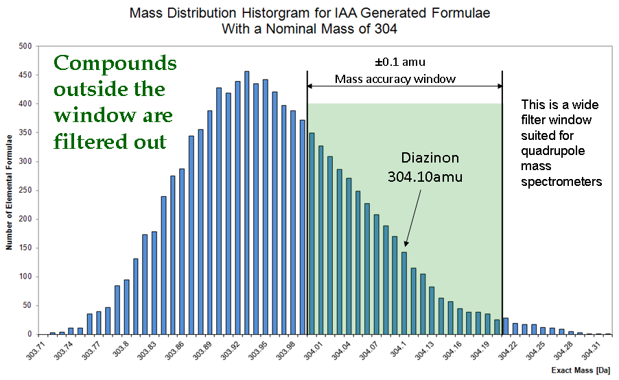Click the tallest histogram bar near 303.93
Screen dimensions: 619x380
tap(247, 203)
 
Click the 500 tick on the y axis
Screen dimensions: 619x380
tap(25, 46)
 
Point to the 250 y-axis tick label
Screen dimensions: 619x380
tap(25, 190)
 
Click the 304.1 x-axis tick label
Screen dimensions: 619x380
tap(398, 349)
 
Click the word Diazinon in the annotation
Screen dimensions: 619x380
tap(430, 158)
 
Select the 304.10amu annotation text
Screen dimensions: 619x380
tap(425, 176)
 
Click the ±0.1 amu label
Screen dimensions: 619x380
tap(400, 62)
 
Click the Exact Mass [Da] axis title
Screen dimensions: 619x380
tap(581, 370)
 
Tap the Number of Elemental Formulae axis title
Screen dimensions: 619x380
tap(9, 192)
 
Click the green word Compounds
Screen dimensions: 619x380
tap(115, 63)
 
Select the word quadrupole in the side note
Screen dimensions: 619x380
tap(552, 151)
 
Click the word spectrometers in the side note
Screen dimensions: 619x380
tap(561, 182)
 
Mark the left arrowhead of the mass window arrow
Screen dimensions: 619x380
tap(309, 86)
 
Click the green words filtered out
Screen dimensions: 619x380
tap(110, 142)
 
